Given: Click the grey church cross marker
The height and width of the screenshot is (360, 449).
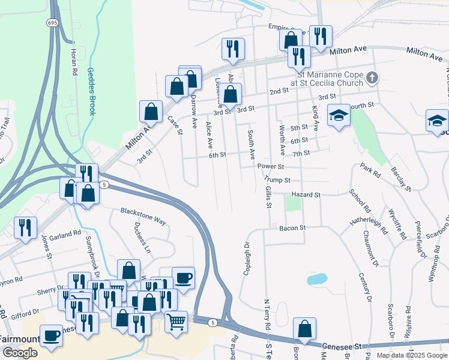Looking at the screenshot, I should [x=372, y=77].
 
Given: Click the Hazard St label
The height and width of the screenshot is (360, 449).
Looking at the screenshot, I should [x=306, y=195].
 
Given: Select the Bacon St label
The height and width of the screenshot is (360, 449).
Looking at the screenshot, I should [x=292, y=228].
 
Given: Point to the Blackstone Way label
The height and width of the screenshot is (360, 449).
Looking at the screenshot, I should [x=143, y=216].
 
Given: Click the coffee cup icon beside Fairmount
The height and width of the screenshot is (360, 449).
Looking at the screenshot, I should [x=51, y=335].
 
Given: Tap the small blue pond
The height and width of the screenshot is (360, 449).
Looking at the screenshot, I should [x=317, y=279].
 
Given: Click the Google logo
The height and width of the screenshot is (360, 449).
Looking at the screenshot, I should [x=20, y=353].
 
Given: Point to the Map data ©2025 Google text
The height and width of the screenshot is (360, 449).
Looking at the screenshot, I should [x=411, y=355].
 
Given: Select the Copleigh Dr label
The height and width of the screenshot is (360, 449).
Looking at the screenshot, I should [x=246, y=254].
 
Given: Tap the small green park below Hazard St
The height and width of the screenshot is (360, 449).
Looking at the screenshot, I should [x=293, y=203].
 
